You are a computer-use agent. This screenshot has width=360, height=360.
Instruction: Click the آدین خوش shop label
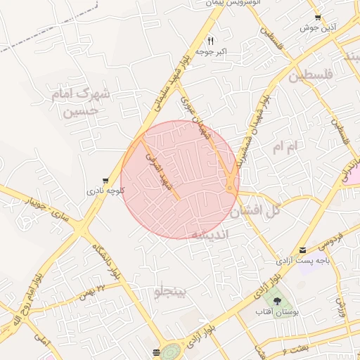pos(316,27)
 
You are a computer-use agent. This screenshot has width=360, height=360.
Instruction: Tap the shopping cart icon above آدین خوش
pos(319,18)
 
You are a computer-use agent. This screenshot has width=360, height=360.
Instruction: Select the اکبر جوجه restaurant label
pos(210,51)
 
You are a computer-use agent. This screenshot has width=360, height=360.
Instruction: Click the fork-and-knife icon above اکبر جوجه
pos(210,41)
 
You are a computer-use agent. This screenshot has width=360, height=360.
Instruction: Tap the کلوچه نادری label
pos(105,190)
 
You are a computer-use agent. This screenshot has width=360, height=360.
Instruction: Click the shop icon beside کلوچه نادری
pos(105,181)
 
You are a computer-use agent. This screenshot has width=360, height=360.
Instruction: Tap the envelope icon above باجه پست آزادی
pos(302,250)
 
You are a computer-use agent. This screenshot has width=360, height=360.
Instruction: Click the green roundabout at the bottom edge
pos(171,352)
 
